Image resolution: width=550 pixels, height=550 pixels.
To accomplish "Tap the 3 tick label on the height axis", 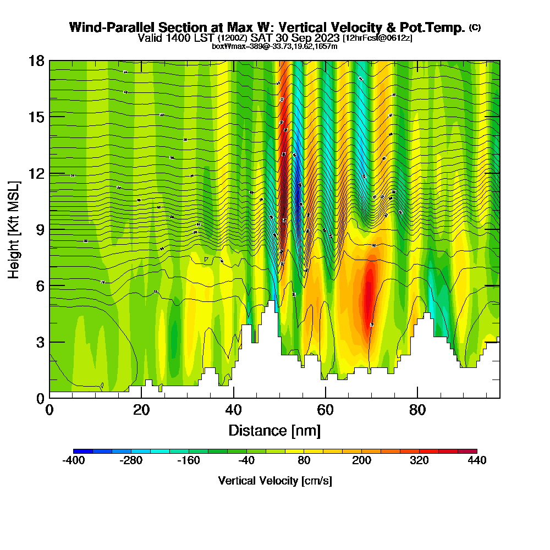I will tap(40, 342).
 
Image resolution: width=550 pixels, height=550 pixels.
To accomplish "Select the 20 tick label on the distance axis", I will tap(141, 410).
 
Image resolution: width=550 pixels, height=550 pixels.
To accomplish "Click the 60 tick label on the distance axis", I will tap(326, 410).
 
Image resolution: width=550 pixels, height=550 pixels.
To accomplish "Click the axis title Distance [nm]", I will tap(274, 430).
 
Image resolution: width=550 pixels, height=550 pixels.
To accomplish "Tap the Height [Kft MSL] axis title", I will tap(14, 229).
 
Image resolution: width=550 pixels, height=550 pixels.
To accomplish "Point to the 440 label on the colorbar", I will tap(477, 461).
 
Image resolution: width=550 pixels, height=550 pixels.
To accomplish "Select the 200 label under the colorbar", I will tap(361, 461).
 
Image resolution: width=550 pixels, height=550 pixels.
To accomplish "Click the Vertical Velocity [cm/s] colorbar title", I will tap(275, 481).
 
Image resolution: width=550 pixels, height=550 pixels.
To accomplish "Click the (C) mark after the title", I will tap(475, 28).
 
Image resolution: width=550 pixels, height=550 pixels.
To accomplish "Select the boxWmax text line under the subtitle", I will tap(274, 46).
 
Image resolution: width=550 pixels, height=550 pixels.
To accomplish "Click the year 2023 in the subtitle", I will tap(327, 38).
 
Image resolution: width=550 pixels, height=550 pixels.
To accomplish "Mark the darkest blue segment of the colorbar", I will tap(82, 451).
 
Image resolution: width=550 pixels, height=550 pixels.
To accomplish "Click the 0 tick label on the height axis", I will tap(40, 398).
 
